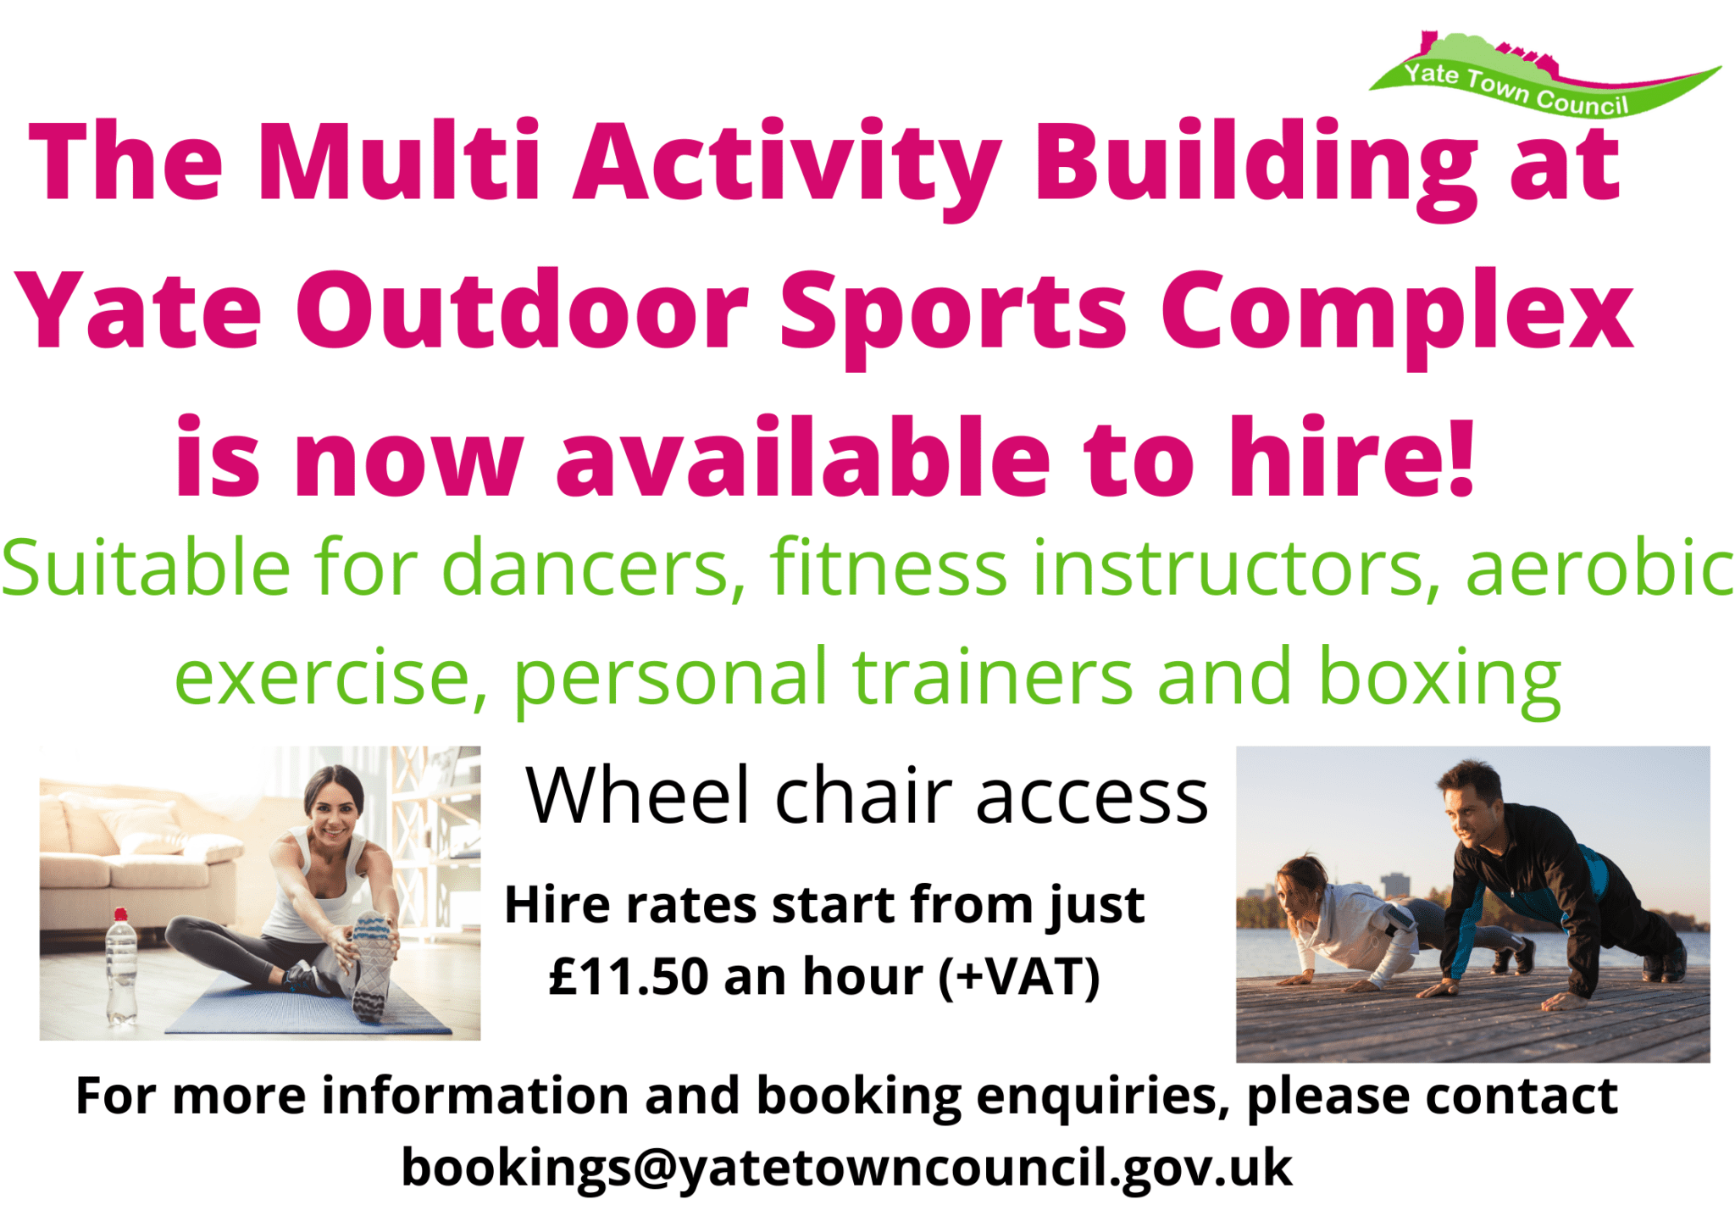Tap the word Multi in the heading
tap(398, 161)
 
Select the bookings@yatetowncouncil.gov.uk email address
tap(847, 1168)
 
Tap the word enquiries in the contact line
tap(1101, 1097)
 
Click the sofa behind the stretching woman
tap(127, 864)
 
